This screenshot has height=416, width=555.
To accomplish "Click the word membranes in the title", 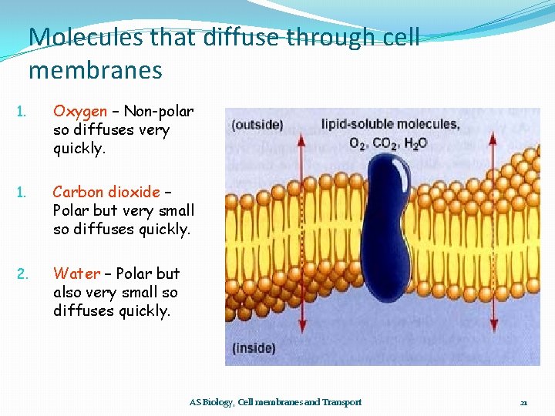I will pyautogui.click(x=96, y=70).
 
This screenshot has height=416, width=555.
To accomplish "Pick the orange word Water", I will pyautogui.click(x=76, y=273).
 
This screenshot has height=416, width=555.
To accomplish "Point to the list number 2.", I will pyautogui.click(x=23, y=273).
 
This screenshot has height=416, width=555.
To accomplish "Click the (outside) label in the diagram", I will pyautogui.click(x=257, y=125).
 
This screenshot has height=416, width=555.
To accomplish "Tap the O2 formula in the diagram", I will pyautogui.click(x=358, y=143).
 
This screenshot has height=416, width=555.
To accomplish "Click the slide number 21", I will pyautogui.click(x=523, y=402).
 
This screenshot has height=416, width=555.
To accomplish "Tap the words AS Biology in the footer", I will pyautogui.click(x=211, y=402).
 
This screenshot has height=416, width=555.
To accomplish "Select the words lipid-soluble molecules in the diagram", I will pyautogui.click(x=390, y=124).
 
